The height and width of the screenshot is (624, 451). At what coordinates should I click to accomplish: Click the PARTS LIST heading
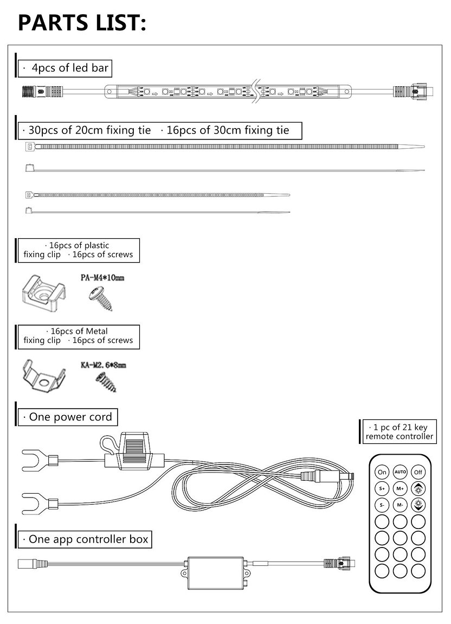pyautogui.click(x=82, y=23)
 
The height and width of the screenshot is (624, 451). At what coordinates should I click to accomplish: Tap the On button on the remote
pyautogui.click(x=383, y=472)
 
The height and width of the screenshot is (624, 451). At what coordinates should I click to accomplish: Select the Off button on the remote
pyautogui.click(x=418, y=472)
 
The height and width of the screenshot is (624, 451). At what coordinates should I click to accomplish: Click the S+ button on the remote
pyautogui.click(x=383, y=488)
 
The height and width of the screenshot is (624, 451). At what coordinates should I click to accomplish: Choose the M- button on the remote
pyautogui.click(x=401, y=505)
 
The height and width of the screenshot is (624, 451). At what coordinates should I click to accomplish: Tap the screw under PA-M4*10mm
pyautogui.click(x=101, y=298)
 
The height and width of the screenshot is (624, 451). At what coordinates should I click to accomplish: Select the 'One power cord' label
pyautogui.click(x=68, y=417)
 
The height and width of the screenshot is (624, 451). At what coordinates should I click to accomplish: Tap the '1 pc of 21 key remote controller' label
pyautogui.click(x=399, y=432)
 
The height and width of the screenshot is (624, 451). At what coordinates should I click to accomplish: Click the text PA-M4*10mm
pyautogui.click(x=102, y=278)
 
